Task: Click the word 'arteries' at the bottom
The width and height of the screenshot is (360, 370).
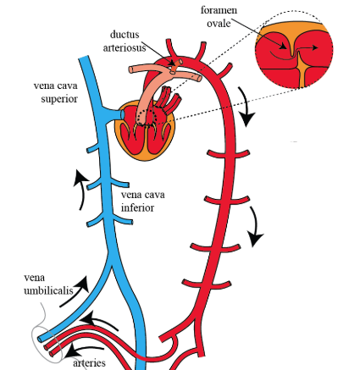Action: (90, 362)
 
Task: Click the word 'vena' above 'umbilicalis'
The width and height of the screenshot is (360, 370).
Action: (35, 277)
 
